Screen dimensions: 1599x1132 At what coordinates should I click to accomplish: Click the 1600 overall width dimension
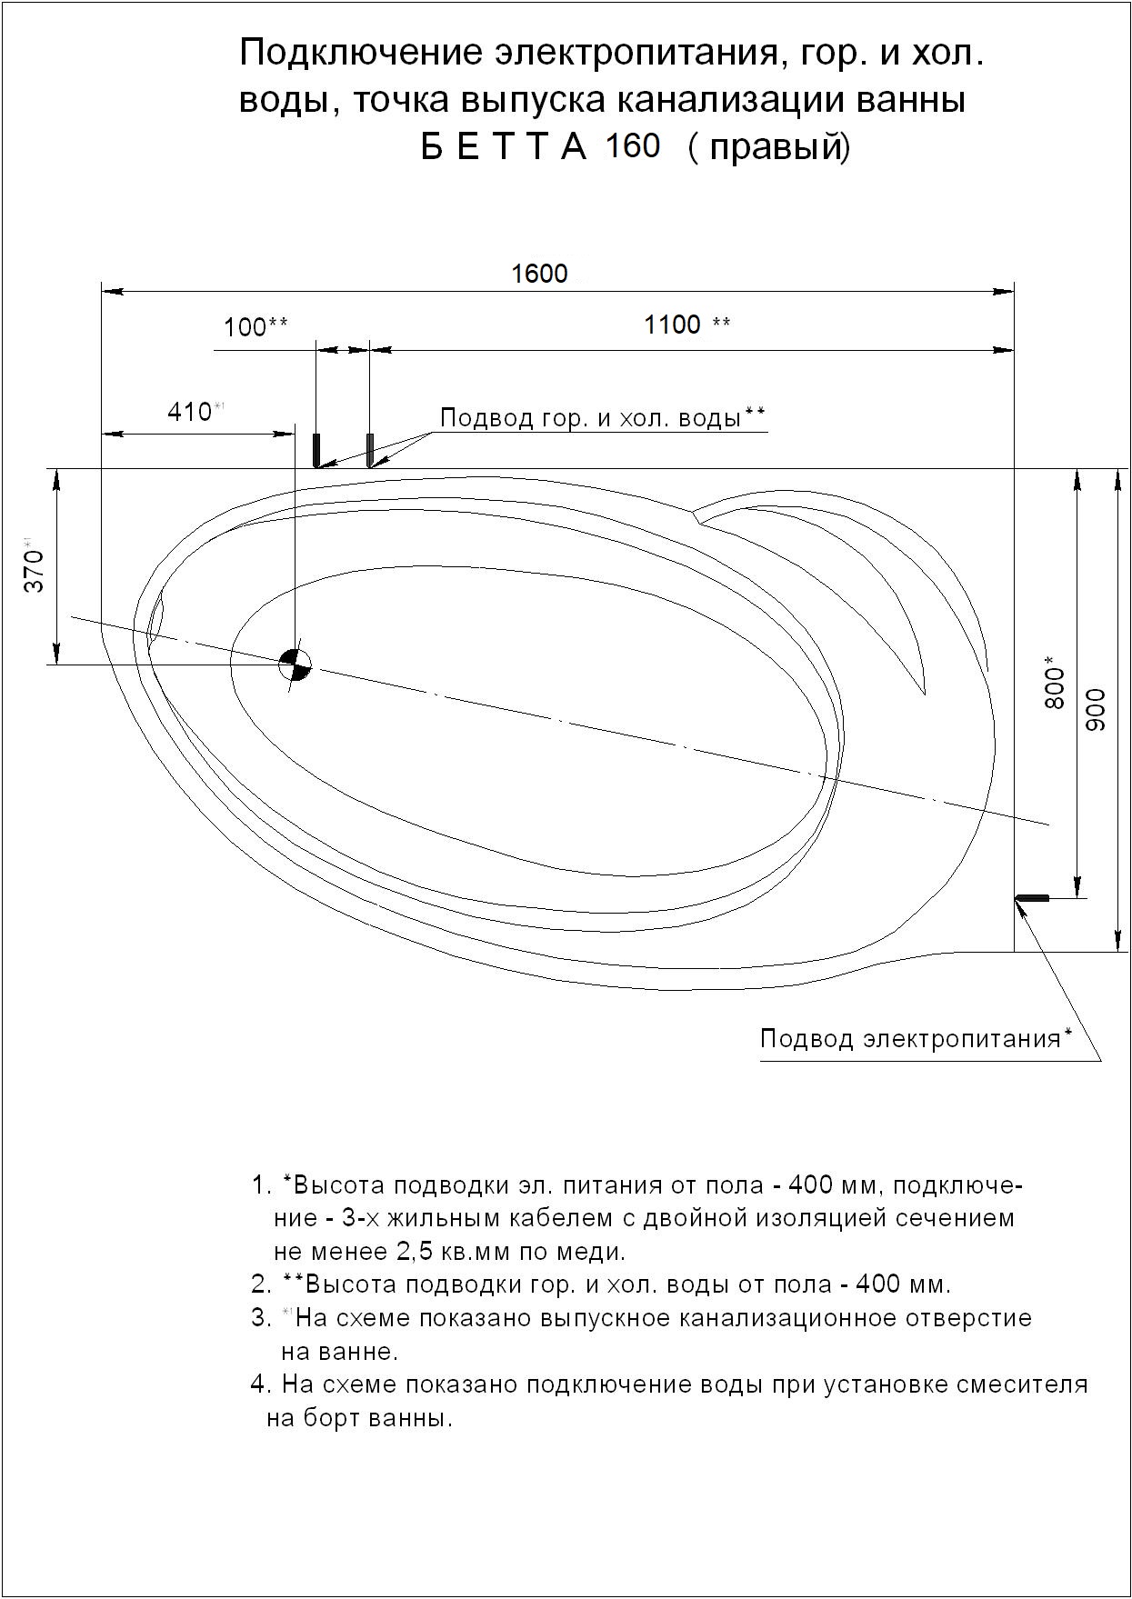click(539, 274)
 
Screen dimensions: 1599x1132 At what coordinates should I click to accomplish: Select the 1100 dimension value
click(673, 325)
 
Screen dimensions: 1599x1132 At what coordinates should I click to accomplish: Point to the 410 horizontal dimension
click(189, 412)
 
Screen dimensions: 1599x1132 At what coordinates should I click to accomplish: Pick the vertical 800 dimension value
click(1054, 682)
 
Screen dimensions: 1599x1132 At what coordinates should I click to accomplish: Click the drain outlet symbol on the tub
click(295, 665)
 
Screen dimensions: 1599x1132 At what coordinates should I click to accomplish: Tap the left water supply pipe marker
click(317, 449)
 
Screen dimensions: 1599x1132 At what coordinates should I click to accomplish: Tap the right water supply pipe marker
click(370, 449)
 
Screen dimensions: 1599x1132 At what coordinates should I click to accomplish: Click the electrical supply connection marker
click(1032, 898)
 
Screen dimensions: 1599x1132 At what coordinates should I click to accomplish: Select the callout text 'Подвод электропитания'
click(910, 1038)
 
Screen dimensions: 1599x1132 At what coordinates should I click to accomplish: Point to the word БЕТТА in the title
click(504, 147)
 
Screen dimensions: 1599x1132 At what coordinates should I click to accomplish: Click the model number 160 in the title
click(633, 146)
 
